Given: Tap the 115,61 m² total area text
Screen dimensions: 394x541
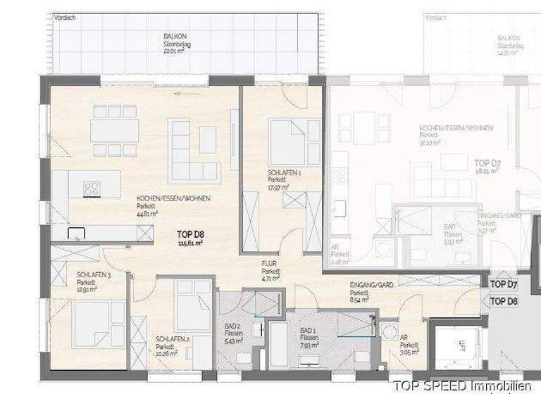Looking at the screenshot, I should point(189,243).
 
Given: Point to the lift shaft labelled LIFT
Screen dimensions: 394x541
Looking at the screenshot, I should point(461,348).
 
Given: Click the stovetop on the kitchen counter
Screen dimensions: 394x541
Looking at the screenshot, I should point(92,188).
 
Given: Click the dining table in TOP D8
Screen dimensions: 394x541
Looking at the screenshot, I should point(115,131).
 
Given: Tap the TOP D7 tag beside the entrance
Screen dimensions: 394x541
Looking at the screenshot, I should point(504,284).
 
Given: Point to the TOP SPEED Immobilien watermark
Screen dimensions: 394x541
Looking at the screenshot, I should point(462,385).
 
